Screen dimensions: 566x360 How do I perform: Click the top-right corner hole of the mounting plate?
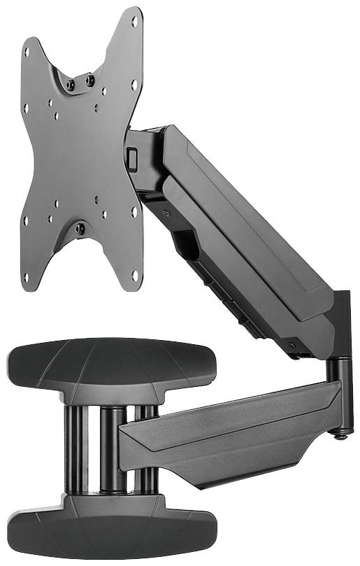coord(134,22)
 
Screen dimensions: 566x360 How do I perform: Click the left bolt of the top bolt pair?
coord(70,85)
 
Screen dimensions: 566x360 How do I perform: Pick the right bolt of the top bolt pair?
coord(90,80)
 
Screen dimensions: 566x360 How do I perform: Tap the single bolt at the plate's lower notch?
coord(80,228)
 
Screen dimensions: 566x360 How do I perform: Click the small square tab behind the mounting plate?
coord(132,157)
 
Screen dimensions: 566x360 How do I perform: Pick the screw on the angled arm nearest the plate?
coord(164,212)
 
